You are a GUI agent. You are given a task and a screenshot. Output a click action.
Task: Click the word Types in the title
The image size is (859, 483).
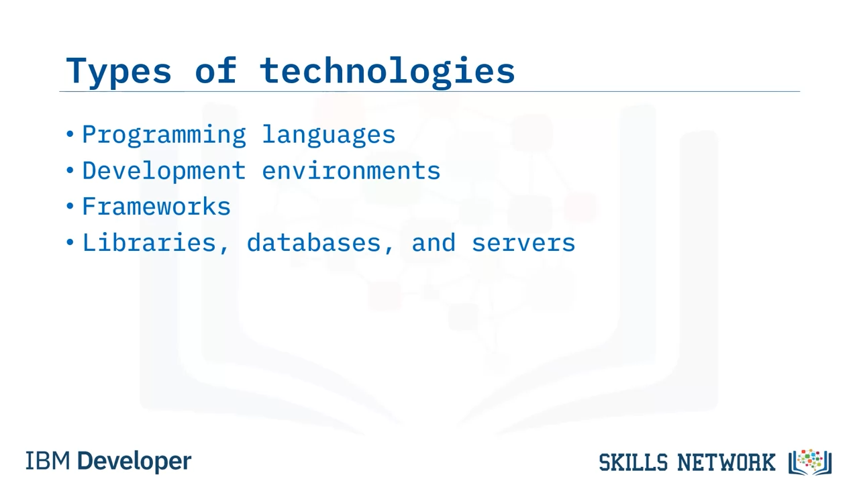(119, 72)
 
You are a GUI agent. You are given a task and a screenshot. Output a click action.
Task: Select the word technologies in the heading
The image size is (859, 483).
(387, 71)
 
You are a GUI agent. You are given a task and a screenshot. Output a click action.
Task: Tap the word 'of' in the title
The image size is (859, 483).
(216, 69)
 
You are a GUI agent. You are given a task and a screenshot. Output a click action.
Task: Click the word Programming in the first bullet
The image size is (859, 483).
(164, 136)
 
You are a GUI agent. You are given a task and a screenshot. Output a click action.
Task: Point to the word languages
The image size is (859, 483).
(329, 136)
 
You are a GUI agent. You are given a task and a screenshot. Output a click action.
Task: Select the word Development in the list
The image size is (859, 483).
(164, 171)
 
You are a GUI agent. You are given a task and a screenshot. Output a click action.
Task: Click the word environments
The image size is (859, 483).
(351, 170)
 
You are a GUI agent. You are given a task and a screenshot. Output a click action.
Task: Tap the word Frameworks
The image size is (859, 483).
(156, 207)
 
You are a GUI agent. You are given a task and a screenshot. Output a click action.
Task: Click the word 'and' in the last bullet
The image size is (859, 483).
(434, 243)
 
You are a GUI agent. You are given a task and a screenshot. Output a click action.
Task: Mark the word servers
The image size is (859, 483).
(523, 244)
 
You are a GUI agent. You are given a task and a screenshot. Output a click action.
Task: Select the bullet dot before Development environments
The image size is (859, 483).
(70, 170)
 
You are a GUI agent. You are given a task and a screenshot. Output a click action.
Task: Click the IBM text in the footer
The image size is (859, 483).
(48, 461)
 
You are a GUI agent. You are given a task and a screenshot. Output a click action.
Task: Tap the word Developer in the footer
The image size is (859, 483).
(134, 462)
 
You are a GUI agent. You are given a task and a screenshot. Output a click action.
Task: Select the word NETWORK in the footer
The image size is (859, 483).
(726, 462)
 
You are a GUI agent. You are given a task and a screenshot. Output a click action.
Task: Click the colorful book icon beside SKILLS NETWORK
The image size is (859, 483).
(810, 462)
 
